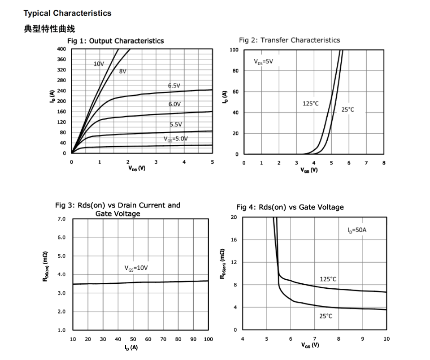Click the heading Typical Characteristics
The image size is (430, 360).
pyautogui.click(x=67, y=13)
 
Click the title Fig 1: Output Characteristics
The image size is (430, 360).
pyautogui.click(x=115, y=41)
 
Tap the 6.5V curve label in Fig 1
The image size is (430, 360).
pyautogui.click(x=174, y=85)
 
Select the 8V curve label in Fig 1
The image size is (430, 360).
pyautogui.click(x=123, y=71)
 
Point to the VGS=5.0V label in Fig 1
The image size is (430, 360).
pyautogui.click(x=175, y=139)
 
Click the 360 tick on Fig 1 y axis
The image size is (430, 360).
pyautogui.click(x=61, y=59)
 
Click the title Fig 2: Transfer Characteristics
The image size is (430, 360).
pyautogui.click(x=289, y=40)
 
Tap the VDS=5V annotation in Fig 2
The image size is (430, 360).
pyautogui.click(x=263, y=62)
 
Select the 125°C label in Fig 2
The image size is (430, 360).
pyautogui.click(x=311, y=104)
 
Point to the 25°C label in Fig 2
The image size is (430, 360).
pyautogui.click(x=347, y=109)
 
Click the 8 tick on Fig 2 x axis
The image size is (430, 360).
pyautogui.click(x=383, y=163)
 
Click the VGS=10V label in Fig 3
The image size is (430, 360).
pyautogui.click(x=136, y=268)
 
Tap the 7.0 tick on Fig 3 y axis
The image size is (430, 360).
pyautogui.click(x=61, y=219)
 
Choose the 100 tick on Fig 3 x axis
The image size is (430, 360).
pyautogui.click(x=208, y=339)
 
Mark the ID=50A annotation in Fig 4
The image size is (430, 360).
pyautogui.click(x=357, y=230)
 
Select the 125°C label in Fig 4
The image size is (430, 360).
pyautogui.click(x=328, y=279)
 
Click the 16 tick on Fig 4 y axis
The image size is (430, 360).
pyautogui.click(x=234, y=240)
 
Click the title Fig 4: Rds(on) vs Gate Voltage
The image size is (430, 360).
pyautogui.click(x=290, y=207)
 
